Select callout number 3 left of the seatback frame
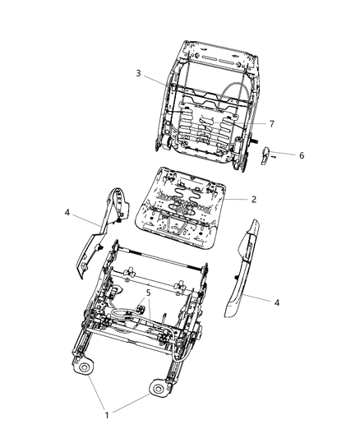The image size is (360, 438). click(x=139, y=73)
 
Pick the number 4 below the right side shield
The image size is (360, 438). click(x=277, y=302)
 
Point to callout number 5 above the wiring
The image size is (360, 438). click(x=148, y=292)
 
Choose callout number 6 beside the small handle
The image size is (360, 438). click(x=302, y=154)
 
